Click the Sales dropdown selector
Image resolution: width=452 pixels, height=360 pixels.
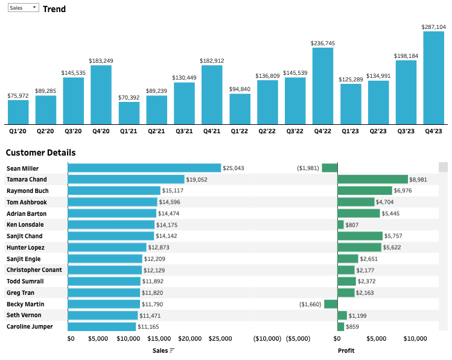23,8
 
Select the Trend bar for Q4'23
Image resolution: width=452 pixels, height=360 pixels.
434,77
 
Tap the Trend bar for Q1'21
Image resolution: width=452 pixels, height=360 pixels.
129,112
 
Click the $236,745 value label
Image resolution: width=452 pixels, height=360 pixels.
323,43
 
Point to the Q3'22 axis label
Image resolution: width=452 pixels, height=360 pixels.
295,131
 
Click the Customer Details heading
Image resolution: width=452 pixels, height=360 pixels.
40,153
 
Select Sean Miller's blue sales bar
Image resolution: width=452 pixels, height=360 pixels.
144,168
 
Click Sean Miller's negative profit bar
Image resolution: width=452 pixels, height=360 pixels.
329,168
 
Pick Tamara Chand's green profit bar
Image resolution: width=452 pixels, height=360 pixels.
373,180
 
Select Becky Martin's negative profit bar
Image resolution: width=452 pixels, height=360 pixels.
331,304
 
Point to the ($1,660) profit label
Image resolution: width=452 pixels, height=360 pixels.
311,305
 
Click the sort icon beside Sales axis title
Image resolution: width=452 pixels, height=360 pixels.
173,350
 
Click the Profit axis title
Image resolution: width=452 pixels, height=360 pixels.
346,350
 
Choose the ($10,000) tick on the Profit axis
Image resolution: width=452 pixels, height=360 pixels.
267,339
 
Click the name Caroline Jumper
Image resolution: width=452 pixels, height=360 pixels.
30,327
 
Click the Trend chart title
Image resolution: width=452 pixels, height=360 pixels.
54,9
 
